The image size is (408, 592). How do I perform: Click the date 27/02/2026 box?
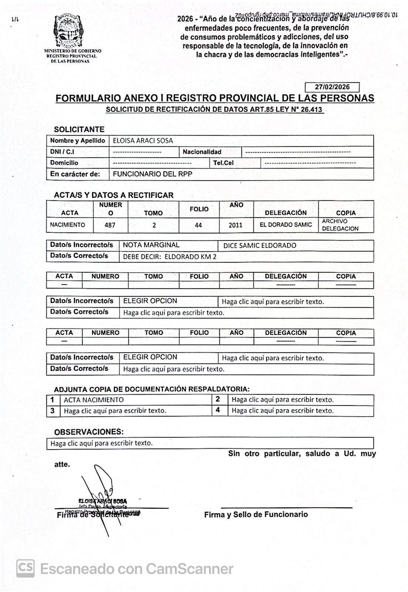pyautogui.click(x=332, y=87)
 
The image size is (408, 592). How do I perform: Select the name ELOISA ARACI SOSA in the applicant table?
pyautogui.click(x=143, y=141)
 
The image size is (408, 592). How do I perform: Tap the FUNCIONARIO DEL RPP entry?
pyautogui.click(x=152, y=174)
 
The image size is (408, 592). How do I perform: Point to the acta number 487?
pyautogui.click(x=110, y=225)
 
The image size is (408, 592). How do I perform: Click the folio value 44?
pyautogui.click(x=198, y=225)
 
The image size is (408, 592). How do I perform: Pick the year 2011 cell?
pyautogui.click(x=236, y=225)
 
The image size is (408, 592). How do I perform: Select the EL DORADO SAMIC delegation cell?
pyautogui.click(x=286, y=225)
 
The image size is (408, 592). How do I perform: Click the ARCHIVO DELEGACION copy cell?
pyautogui.click(x=340, y=225)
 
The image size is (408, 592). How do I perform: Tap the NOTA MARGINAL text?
pyautogui.click(x=151, y=245)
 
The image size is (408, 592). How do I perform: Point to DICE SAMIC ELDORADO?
pyautogui.click(x=260, y=245)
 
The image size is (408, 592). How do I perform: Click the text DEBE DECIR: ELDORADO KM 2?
pyautogui.click(x=170, y=257)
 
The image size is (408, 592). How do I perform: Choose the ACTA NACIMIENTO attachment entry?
pyautogui.click(x=94, y=400)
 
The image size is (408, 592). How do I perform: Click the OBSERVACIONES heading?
pyautogui.click(x=89, y=432)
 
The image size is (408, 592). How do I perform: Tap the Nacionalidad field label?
pyautogui.click(x=202, y=152)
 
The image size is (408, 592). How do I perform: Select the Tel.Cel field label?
pyautogui.click(x=223, y=163)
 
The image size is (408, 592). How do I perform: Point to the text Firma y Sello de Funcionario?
pyautogui.click(x=256, y=514)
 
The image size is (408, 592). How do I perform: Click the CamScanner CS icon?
pyautogui.click(x=25, y=568)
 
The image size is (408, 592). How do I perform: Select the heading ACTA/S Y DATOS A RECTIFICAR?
pyautogui.click(x=113, y=195)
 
